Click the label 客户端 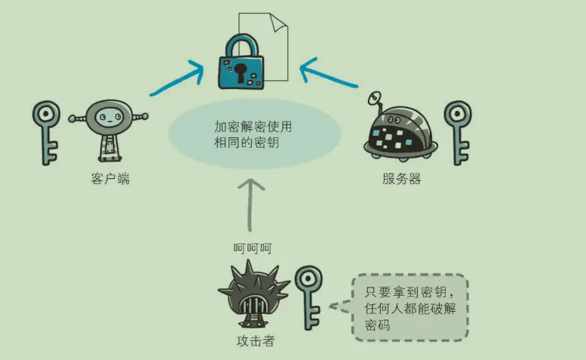tap(108, 180)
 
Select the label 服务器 tap(401, 180)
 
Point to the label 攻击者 tap(255, 341)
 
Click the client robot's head tap(109, 116)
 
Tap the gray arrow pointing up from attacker tap(253, 204)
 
